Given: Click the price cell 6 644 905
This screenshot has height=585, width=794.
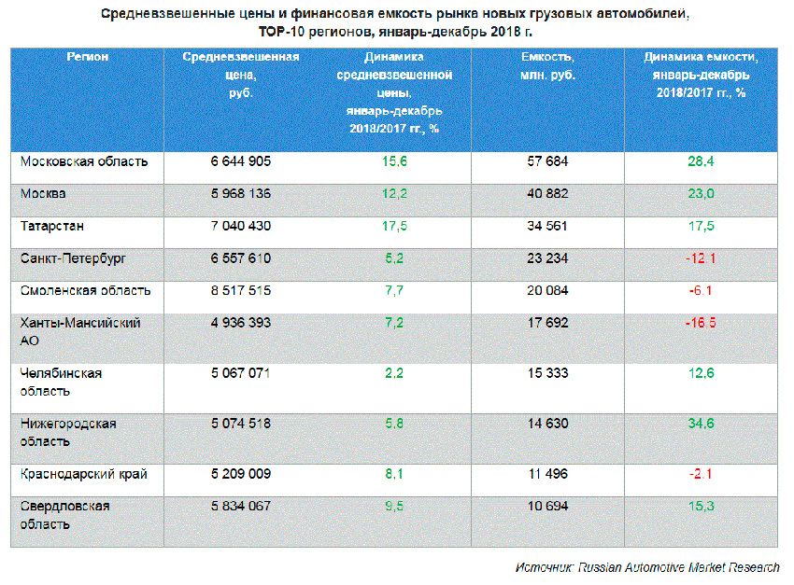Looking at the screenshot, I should (x=241, y=161).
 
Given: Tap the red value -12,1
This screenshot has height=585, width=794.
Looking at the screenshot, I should (x=701, y=258).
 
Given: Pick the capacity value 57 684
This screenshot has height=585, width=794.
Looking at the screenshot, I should (x=547, y=161).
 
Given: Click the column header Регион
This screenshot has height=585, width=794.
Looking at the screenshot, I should (x=87, y=57).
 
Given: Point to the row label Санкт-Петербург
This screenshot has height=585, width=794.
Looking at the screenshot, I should (x=73, y=258).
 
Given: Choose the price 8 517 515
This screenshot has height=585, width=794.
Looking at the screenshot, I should (x=241, y=290).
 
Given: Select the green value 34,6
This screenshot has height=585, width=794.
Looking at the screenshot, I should (x=701, y=424).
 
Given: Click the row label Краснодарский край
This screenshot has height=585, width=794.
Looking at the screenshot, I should (x=83, y=474).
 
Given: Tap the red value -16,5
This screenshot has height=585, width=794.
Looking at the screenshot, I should (x=701, y=323).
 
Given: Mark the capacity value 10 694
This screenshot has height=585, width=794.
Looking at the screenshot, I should (x=547, y=507).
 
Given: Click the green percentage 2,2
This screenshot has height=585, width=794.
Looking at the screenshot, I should (x=393, y=373).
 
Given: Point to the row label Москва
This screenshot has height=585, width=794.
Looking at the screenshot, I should (x=43, y=194).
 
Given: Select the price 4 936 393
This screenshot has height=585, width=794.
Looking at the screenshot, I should (x=241, y=323).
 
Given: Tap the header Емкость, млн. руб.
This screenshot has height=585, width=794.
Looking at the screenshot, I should (x=547, y=65).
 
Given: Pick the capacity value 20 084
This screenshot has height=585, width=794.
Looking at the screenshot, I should (x=547, y=290).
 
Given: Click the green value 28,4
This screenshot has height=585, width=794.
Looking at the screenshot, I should (x=701, y=161).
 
